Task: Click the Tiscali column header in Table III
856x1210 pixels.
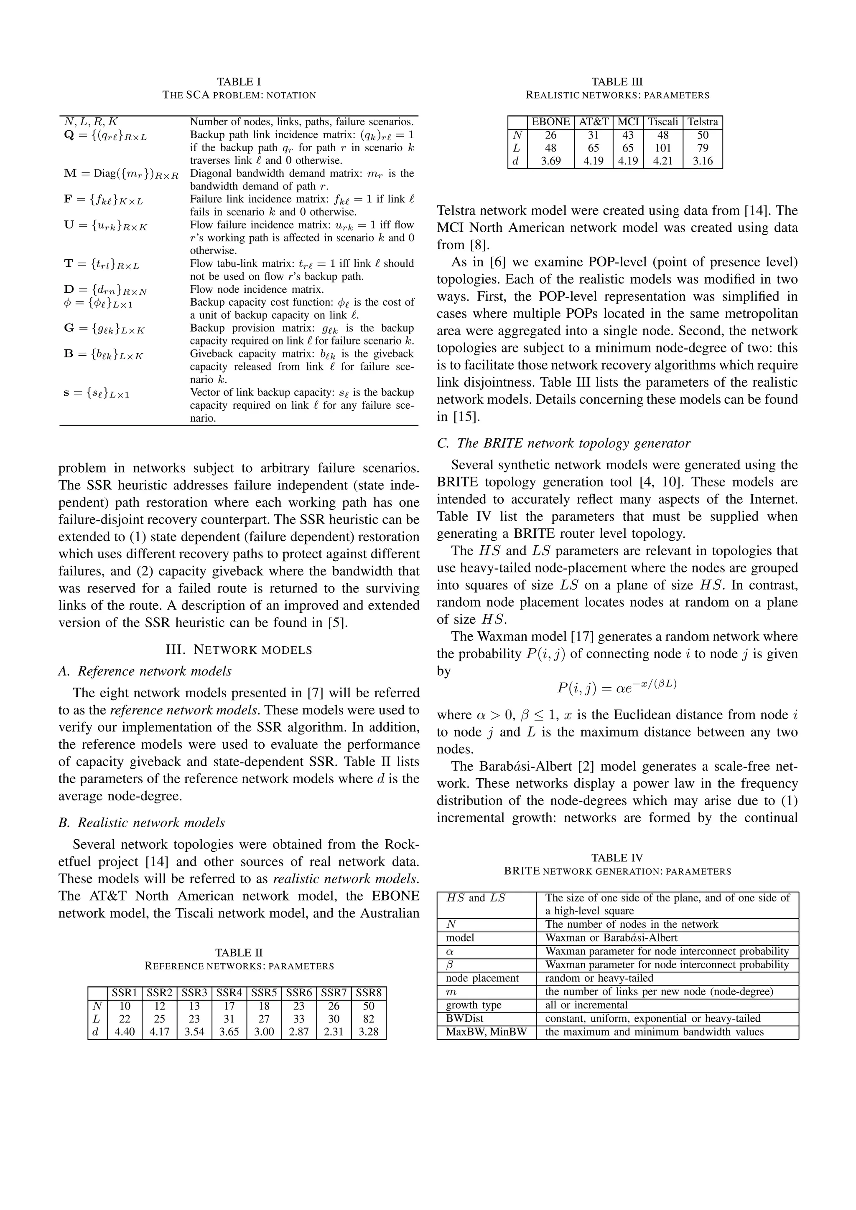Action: coord(662,122)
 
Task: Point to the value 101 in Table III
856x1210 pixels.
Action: coord(662,148)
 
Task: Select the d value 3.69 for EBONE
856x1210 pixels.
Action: coord(550,161)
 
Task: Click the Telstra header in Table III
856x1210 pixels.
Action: coord(702,122)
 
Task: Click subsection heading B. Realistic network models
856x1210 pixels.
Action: coord(141,823)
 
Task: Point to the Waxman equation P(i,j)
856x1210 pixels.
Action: coord(617,687)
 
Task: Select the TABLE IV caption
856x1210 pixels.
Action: coord(617,858)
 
